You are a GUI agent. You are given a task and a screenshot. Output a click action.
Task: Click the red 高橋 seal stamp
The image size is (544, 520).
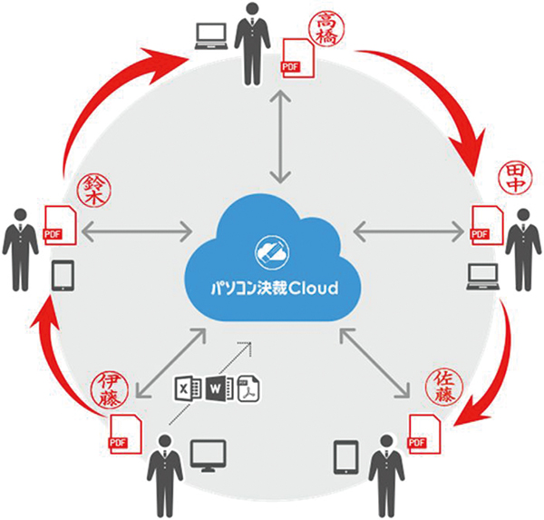[x=326, y=29]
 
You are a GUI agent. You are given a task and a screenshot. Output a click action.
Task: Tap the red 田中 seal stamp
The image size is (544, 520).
[x=514, y=179]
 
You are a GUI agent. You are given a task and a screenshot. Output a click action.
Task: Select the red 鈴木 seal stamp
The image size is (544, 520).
[x=94, y=191]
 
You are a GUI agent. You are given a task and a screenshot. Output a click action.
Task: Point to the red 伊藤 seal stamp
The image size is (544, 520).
[x=110, y=389]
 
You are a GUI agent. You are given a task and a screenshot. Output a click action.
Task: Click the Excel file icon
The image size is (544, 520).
[x=188, y=389]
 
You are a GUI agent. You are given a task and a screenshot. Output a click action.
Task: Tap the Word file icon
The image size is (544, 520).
[x=220, y=388]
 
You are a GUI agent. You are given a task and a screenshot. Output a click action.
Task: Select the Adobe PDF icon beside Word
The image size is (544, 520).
[x=248, y=388]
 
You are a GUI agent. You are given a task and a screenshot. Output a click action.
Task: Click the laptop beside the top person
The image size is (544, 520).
[x=211, y=36]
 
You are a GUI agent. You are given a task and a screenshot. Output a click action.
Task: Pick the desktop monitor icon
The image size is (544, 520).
[x=209, y=456]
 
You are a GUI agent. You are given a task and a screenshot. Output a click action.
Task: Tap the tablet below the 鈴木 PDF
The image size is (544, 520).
[x=63, y=276]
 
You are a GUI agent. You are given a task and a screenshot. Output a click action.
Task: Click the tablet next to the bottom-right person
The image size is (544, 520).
[x=346, y=457]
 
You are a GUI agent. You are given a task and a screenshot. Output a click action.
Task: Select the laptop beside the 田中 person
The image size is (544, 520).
[x=482, y=277]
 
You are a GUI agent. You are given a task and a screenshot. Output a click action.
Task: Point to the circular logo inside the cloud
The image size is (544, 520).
[x=271, y=252]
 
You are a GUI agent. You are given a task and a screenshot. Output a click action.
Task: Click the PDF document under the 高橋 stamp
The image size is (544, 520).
[x=298, y=58]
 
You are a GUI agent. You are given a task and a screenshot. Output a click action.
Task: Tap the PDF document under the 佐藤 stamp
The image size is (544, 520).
[x=424, y=434]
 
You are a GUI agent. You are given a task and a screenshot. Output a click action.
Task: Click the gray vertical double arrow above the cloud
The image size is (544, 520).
[x=280, y=136]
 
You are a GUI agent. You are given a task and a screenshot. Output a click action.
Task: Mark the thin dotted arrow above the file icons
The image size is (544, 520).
[x=210, y=383]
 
